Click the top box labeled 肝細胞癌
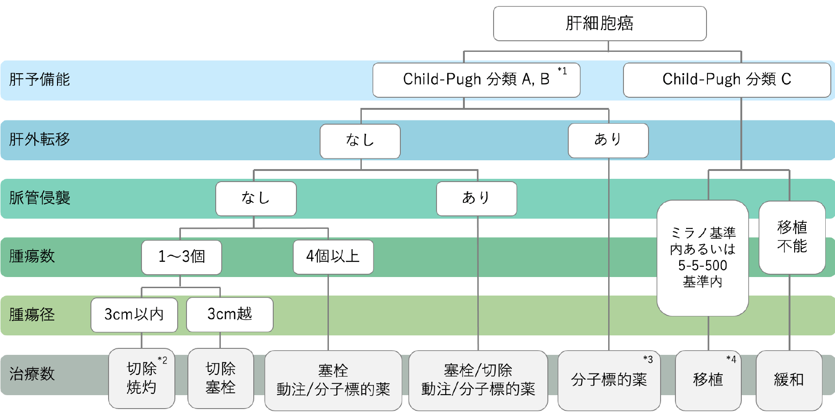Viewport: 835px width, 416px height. coord(599,23)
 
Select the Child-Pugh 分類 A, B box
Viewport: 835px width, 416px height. coord(476,80)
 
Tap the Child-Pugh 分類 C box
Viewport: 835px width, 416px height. coord(726,80)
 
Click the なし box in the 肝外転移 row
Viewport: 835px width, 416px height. coord(360,141)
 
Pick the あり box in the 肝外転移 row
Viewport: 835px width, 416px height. coord(608,140)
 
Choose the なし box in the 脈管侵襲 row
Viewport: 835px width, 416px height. coord(256,198)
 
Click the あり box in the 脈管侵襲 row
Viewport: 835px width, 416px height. coord(476,198)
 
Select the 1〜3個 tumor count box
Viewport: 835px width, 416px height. coord(181,257)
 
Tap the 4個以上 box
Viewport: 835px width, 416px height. coord(333,257)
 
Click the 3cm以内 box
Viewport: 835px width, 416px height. coord(134,315)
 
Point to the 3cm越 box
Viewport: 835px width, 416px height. coord(230,315)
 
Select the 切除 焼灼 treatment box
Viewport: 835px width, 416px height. coord(141,378)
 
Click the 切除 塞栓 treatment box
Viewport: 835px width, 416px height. coord(220,378)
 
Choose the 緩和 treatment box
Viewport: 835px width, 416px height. coord(789,380)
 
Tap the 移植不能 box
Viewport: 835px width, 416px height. coord(792,237)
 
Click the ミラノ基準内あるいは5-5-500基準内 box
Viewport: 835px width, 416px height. coord(702,258)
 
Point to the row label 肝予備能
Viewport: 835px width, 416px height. coord(39,80)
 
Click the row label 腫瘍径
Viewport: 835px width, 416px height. coord(32,315)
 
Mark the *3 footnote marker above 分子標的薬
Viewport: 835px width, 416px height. coord(648,359)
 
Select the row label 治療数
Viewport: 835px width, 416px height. coord(32,374)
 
